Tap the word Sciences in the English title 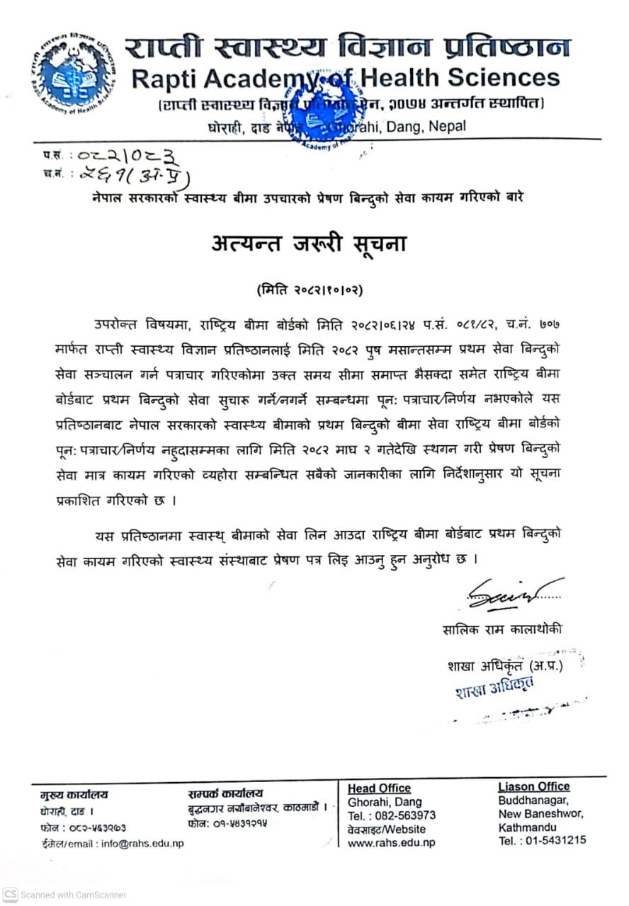tap(501, 76)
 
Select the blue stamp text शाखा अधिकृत tap(495, 687)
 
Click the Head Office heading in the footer tap(379, 789)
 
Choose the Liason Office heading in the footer tap(533, 786)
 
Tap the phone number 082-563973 tap(406, 815)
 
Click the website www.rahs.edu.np tap(391, 842)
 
